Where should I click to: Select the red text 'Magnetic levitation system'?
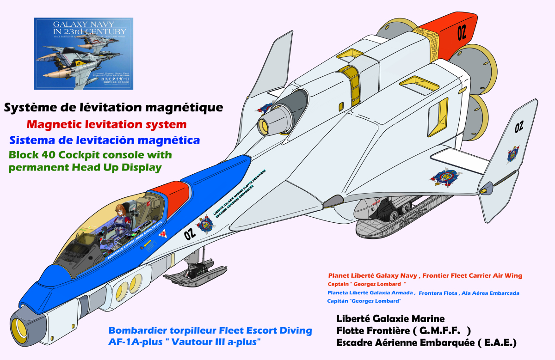tap(107, 124)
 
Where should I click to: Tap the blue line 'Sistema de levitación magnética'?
tap(104, 140)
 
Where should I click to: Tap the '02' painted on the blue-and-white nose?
tap(190, 234)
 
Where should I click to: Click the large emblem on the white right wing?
tap(448, 177)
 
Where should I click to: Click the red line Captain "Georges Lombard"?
tap(366, 284)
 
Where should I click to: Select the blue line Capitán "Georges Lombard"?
tap(364, 301)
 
